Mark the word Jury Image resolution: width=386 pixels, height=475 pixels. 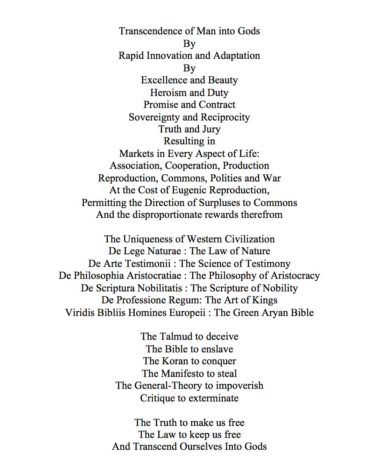[x=211, y=129]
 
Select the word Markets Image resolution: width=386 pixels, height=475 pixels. [x=135, y=154]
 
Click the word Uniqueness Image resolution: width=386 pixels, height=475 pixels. [x=148, y=239]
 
